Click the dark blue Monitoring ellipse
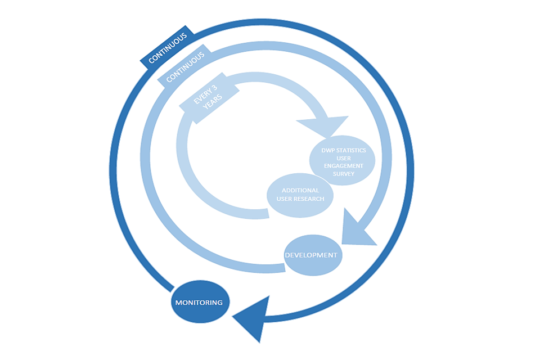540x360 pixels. click(x=199, y=302)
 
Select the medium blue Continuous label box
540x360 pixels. click(x=186, y=69)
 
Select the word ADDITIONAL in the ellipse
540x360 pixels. click(x=300, y=190)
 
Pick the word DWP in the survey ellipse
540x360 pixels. click(x=327, y=150)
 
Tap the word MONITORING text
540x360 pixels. click(x=199, y=303)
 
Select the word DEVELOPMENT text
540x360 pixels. click(x=311, y=255)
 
